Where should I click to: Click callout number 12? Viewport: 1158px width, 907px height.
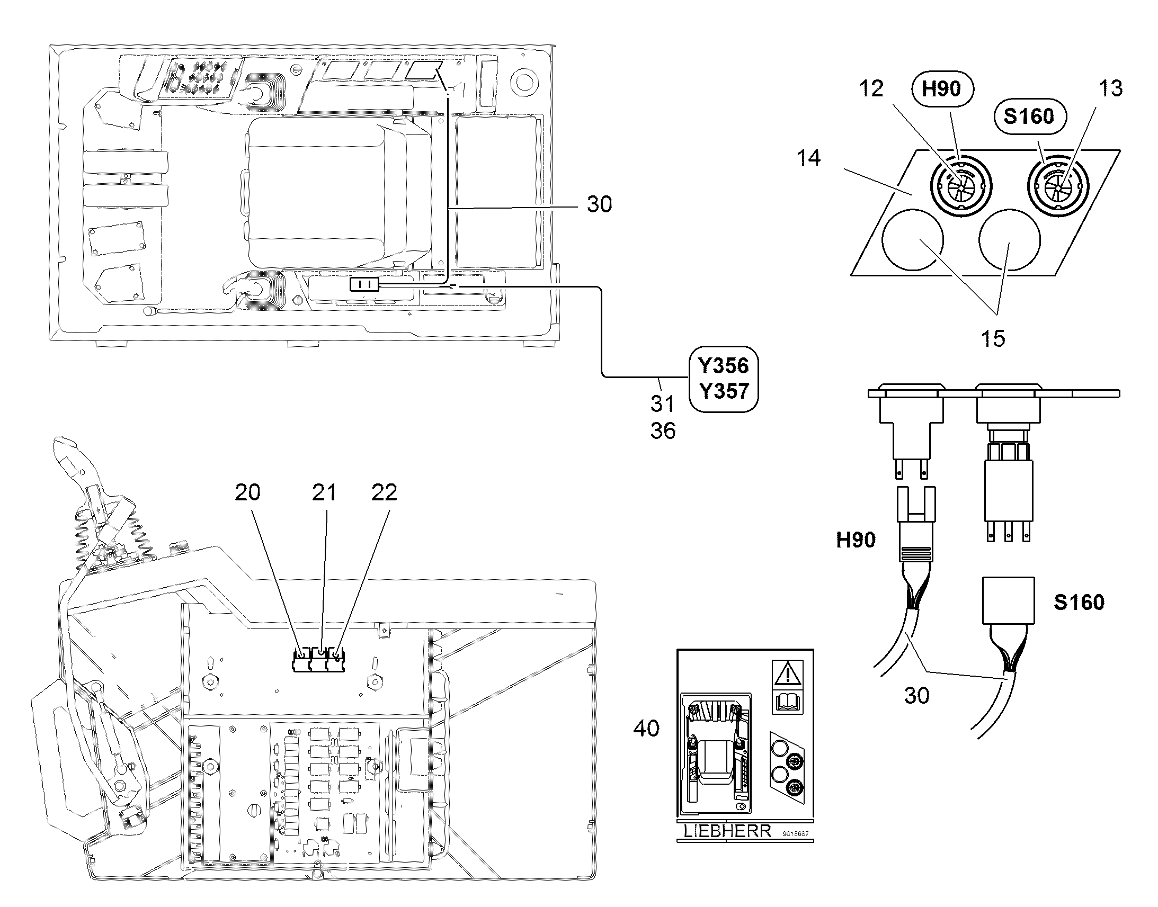click(x=871, y=88)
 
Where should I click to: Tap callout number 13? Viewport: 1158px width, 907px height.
click(x=1111, y=88)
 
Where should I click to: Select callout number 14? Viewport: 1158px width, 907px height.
click(x=808, y=158)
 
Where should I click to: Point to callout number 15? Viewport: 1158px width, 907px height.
click(x=993, y=338)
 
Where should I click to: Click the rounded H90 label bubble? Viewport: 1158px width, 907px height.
click(x=942, y=88)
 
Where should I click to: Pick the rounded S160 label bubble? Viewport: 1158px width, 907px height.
click(x=1028, y=116)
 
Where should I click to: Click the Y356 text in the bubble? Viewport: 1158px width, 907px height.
click(x=723, y=366)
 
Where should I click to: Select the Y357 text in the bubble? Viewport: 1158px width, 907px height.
click(x=723, y=391)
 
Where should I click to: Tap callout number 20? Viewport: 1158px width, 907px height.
click(x=247, y=493)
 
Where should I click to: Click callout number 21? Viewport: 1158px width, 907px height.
click(x=324, y=493)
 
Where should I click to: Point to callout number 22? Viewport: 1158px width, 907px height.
click(x=384, y=493)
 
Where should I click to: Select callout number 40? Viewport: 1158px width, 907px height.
click(x=646, y=729)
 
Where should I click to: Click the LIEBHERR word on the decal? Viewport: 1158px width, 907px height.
click(x=727, y=831)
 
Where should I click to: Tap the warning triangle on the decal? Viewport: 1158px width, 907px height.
click(x=787, y=675)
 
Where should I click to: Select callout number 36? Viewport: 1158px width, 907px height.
click(x=663, y=431)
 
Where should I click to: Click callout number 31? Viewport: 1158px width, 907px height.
click(x=662, y=404)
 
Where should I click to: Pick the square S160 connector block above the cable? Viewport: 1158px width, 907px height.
click(x=1008, y=600)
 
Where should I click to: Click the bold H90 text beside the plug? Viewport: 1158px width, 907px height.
click(x=856, y=540)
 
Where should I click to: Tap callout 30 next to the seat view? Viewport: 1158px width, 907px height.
click(x=599, y=204)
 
